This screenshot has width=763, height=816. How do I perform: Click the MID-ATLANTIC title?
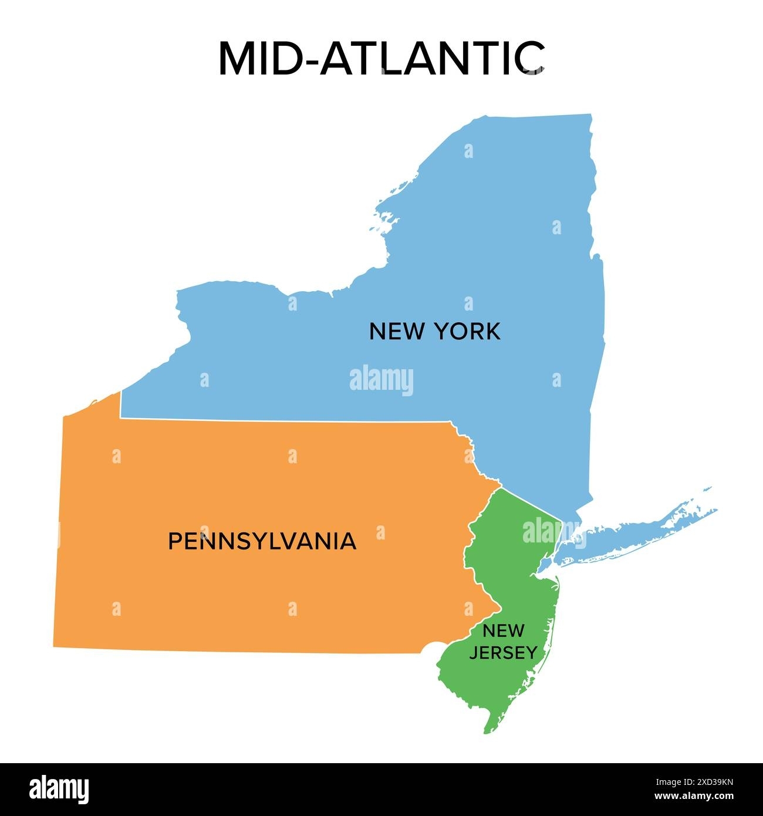click(381, 59)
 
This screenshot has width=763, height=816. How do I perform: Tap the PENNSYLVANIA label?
click(262, 541)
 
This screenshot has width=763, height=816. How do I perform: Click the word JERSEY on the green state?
click(503, 652)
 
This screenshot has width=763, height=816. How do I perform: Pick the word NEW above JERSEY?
click(503, 631)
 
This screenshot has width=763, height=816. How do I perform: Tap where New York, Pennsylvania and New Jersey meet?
click(501, 488)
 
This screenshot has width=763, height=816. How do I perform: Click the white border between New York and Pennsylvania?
click(282, 420)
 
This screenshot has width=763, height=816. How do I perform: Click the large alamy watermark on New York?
click(381, 380)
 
